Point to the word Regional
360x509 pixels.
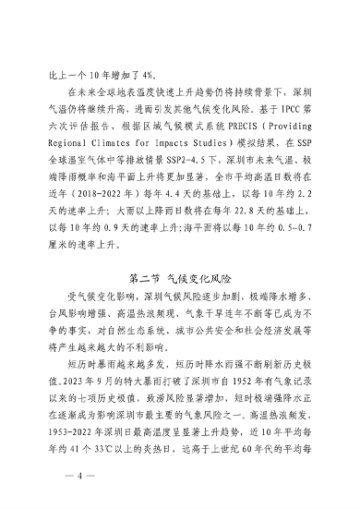click(x=67, y=162)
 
